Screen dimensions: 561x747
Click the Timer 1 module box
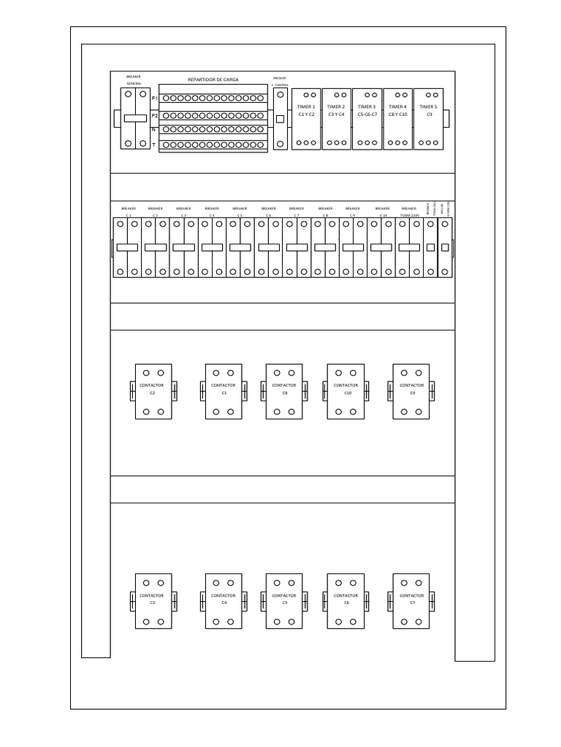pos(306,119)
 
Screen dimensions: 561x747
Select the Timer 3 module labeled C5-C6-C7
pos(367,119)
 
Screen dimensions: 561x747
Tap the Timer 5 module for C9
pos(429,119)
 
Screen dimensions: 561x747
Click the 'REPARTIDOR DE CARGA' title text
pos(213,80)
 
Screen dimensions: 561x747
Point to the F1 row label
pos(154,98)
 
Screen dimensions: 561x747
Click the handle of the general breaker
pos(134,118)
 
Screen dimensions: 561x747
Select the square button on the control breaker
pos(280,118)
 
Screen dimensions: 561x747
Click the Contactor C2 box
pos(153,391)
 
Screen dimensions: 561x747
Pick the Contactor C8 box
pos(284,391)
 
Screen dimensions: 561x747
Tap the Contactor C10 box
pos(346,391)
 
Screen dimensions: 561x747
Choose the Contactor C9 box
pos(411,391)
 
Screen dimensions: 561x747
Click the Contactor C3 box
pos(153,600)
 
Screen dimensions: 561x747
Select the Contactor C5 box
pos(284,600)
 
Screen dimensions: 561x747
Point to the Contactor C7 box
pos(411,600)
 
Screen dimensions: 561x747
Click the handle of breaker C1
pos(127,248)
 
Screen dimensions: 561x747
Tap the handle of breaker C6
pos(269,248)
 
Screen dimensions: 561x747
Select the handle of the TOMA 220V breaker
pos(409,248)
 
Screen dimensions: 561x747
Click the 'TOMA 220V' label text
pos(409,216)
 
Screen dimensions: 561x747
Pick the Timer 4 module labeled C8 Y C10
pos(398,119)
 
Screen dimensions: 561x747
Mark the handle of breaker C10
pos(381,248)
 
